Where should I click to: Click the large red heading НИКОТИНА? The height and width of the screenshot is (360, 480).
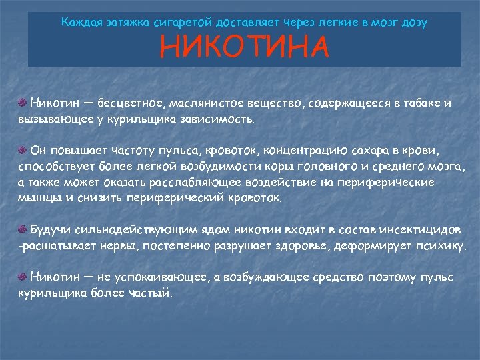coord(245,47)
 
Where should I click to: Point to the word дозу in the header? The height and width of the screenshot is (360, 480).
coord(413,22)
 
